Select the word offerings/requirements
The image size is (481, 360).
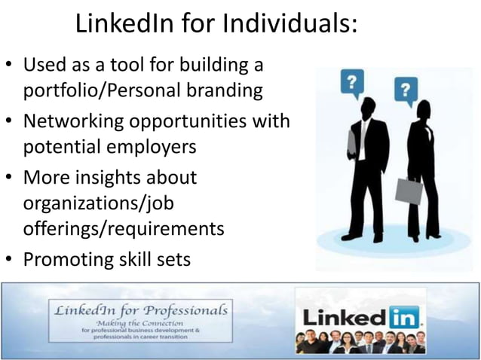pyautogui.click(x=124, y=229)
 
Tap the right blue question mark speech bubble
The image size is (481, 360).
pyautogui.click(x=406, y=90)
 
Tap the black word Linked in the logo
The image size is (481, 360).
pyautogui.click(x=345, y=318)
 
